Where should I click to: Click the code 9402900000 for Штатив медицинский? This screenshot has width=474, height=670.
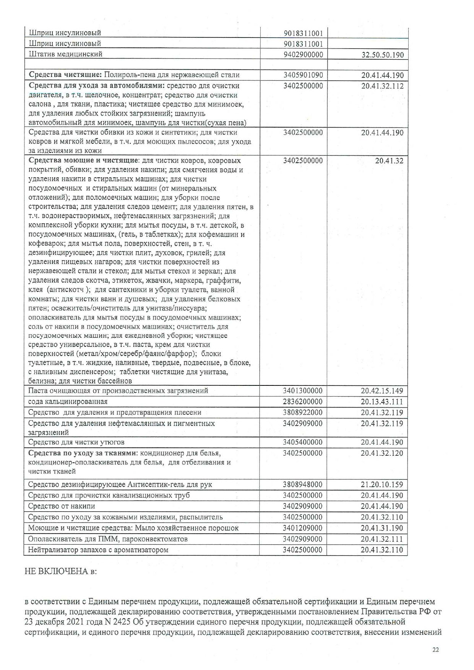tap(303, 55)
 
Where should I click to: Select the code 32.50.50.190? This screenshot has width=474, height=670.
tap(382, 55)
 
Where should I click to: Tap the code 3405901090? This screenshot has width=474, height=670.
tap(303, 75)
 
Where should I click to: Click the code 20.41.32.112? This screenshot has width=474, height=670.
tap(382, 86)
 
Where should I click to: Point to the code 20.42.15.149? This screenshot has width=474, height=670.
tap(382, 391)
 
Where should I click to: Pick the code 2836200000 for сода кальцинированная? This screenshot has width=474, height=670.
tap(303, 401)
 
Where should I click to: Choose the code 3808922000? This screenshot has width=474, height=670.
tap(303, 413)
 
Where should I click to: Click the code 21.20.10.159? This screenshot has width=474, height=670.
tap(382, 484)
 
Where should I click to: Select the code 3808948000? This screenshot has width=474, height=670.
tap(303, 484)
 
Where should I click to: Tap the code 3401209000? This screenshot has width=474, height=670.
tap(303, 528)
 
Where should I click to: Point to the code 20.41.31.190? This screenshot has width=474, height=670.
tap(382, 528)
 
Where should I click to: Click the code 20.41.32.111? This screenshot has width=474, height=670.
tap(382, 539)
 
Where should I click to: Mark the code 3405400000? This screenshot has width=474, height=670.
tap(303, 442)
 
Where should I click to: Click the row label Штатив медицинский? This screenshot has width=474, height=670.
tap(65, 54)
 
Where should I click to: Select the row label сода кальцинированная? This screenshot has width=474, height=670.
tap(68, 401)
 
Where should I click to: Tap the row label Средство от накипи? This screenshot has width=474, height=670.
tap(62, 506)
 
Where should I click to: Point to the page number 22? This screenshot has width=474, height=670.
tap(435, 650)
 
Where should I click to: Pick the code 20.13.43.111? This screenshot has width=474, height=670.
tap(382, 402)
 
